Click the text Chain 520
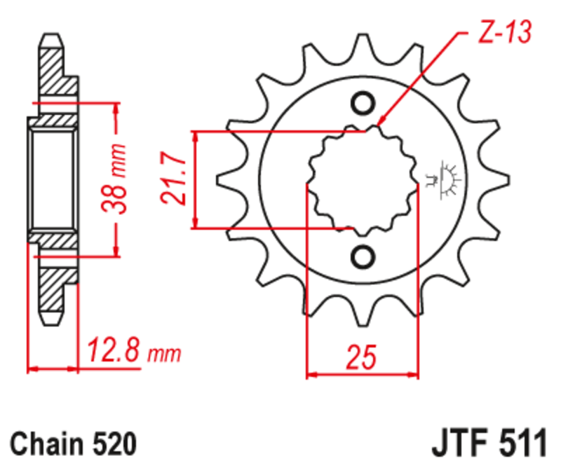72,443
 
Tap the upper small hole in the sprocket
363,104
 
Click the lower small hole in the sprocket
363,256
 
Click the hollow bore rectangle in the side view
53,180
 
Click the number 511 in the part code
518,443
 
